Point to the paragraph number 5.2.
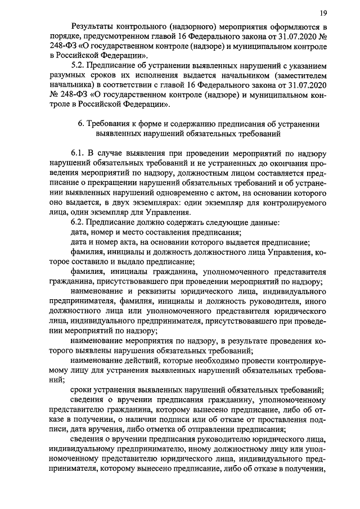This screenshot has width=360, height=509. [x=79, y=66]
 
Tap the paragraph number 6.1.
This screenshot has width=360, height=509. [x=79, y=154]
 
